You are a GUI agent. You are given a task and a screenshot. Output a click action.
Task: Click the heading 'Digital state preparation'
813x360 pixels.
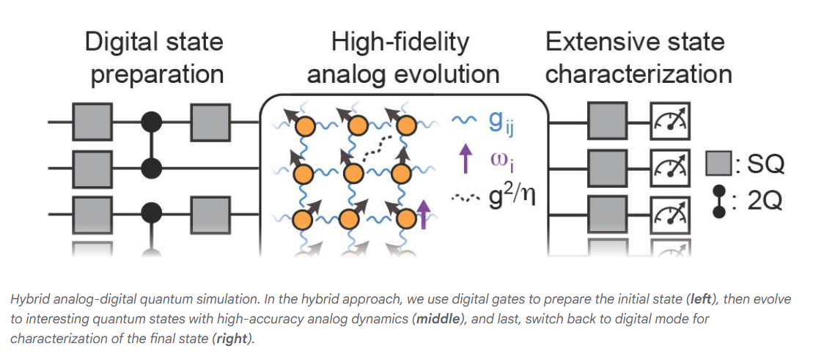tap(154, 57)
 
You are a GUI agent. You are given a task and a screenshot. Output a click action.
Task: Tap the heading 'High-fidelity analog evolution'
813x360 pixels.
tap(402, 57)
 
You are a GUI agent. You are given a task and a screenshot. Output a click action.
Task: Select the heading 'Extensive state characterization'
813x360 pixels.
tap(639, 57)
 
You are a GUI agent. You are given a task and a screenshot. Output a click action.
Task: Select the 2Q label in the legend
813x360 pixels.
tap(765, 201)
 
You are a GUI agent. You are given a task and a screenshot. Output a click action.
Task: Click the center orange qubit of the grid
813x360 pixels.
tap(353, 174)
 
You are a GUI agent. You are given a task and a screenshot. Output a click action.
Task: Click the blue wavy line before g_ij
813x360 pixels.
tap(463, 121)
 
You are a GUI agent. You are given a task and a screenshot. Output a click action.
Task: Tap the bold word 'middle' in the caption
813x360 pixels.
tap(440, 320)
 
